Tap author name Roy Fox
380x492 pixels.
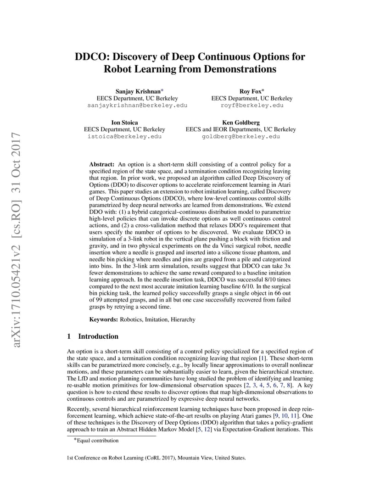pyautogui.click(x=250, y=91)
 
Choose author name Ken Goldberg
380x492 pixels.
pyautogui.click(x=240, y=123)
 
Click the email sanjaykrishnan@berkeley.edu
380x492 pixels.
pyautogui.click(x=137, y=105)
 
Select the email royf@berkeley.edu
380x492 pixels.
pyautogui.click(x=252, y=105)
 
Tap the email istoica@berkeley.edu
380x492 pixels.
pyautogui.click(x=124, y=136)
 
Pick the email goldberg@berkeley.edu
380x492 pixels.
pyautogui.click(x=240, y=136)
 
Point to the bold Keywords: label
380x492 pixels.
pyautogui.click(x=103, y=319)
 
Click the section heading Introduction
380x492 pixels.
pyautogui.click(x=98, y=336)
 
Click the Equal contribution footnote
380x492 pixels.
pyautogui.click(x=97, y=441)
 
